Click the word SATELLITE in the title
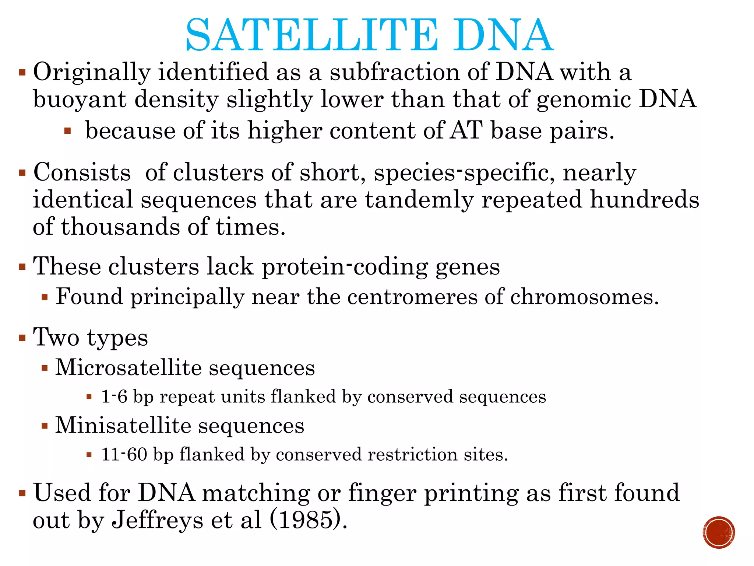(311, 35)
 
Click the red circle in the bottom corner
(719, 532)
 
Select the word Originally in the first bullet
(92, 72)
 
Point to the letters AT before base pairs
(466, 130)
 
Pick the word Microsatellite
(123, 367)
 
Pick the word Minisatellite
(123, 425)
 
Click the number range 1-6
(114, 397)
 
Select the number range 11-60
(124, 454)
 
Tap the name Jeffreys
(157, 520)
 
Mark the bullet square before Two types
(22, 338)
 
